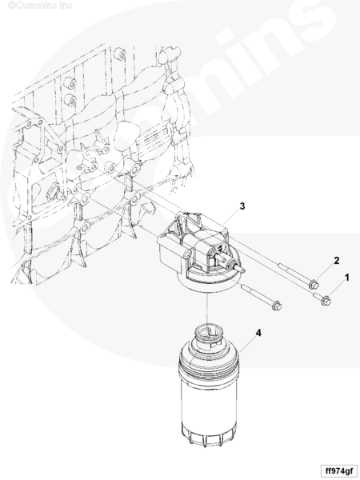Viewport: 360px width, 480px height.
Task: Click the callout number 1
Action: pyautogui.click(x=347, y=278)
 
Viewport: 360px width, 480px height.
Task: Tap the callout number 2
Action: pyautogui.click(x=337, y=261)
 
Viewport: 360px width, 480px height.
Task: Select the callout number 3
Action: pyautogui.click(x=242, y=206)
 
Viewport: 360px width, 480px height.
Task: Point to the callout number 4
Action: pyautogui.click(x=258, y=333)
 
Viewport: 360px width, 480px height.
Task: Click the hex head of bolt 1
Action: pyautogui.click(x=326, y=301)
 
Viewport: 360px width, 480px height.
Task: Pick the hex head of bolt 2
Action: pyautogui.click(x=314, y=285)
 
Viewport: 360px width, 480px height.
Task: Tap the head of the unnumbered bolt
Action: pyautogui.click(x=277, y=306)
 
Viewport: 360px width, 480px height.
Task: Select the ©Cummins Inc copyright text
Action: pyautogui.click(x=40, y=6)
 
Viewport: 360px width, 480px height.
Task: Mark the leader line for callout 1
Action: pyautogui.click(x=337, y=289)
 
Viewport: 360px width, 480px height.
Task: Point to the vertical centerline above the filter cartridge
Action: pyautogui.click(x=208, y=309)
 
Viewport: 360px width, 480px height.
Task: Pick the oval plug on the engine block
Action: pyautogui.click(x=53, y=192)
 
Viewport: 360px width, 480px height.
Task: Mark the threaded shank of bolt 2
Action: pyautogui.click(x=294, y=273)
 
